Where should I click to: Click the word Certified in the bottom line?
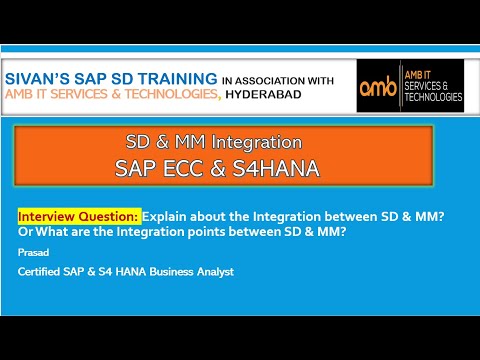point(43,273)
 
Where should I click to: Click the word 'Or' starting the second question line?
point(26,233)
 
